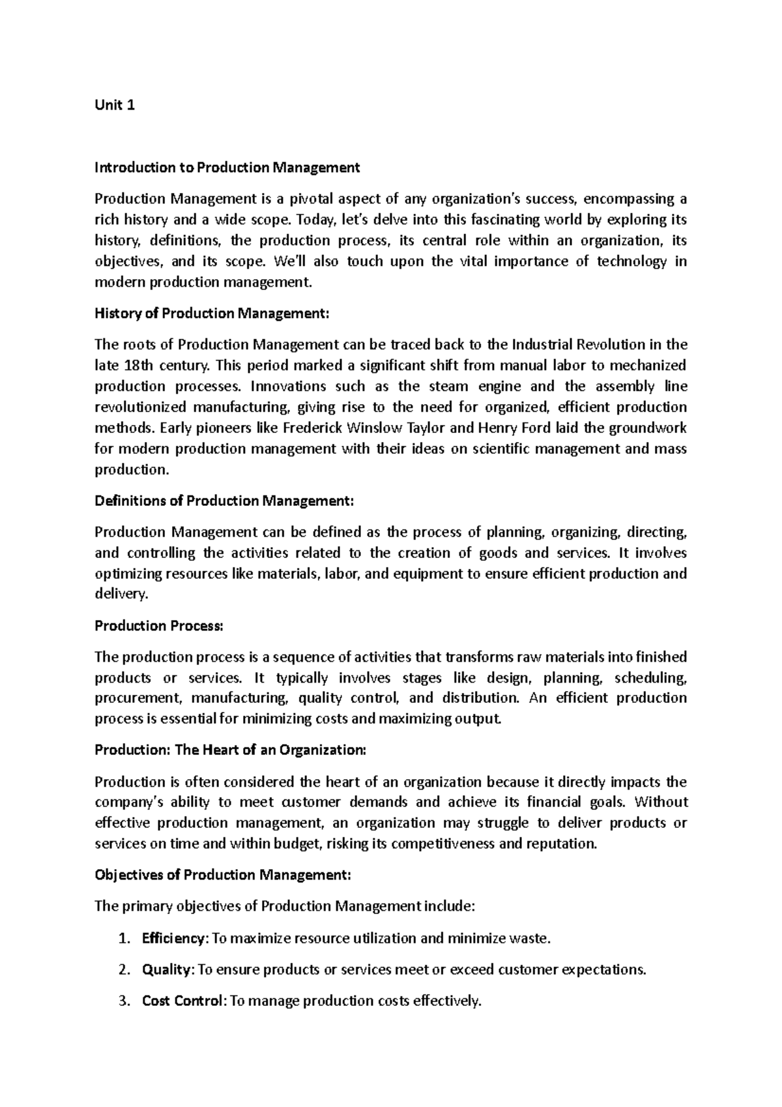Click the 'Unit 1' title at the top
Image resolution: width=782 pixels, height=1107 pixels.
pyautogui.click(x=115, y=106)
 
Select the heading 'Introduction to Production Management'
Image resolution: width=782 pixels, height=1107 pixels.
pyautogui.click(x=227, y=168)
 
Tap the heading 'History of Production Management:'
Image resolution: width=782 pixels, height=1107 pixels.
pyautogui.click(x=212, y=314)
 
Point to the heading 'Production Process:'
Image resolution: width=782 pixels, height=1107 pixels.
pyautogui.click(x=159, y=627)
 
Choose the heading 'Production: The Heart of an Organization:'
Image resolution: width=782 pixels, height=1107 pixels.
pyautogui.click(x=231, y=750)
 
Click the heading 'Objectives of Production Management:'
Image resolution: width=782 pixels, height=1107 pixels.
pyautogui.click(x=223, y=876)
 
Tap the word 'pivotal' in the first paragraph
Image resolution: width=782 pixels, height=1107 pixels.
pyautogui.click(x=314, y=199)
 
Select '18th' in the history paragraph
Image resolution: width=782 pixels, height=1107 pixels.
pyautogui.click(x=138, y=366)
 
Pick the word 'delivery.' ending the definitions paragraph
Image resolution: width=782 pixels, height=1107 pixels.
pyautogui.click(x=122, y=595)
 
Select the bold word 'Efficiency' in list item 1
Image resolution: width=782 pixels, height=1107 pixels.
pyautogui.click(x=173, y=939)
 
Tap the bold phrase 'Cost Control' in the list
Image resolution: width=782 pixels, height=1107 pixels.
pyautogui.click(x=182, y=1001)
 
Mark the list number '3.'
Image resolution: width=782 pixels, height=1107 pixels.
pyautogui.click(x=126, y=1001)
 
